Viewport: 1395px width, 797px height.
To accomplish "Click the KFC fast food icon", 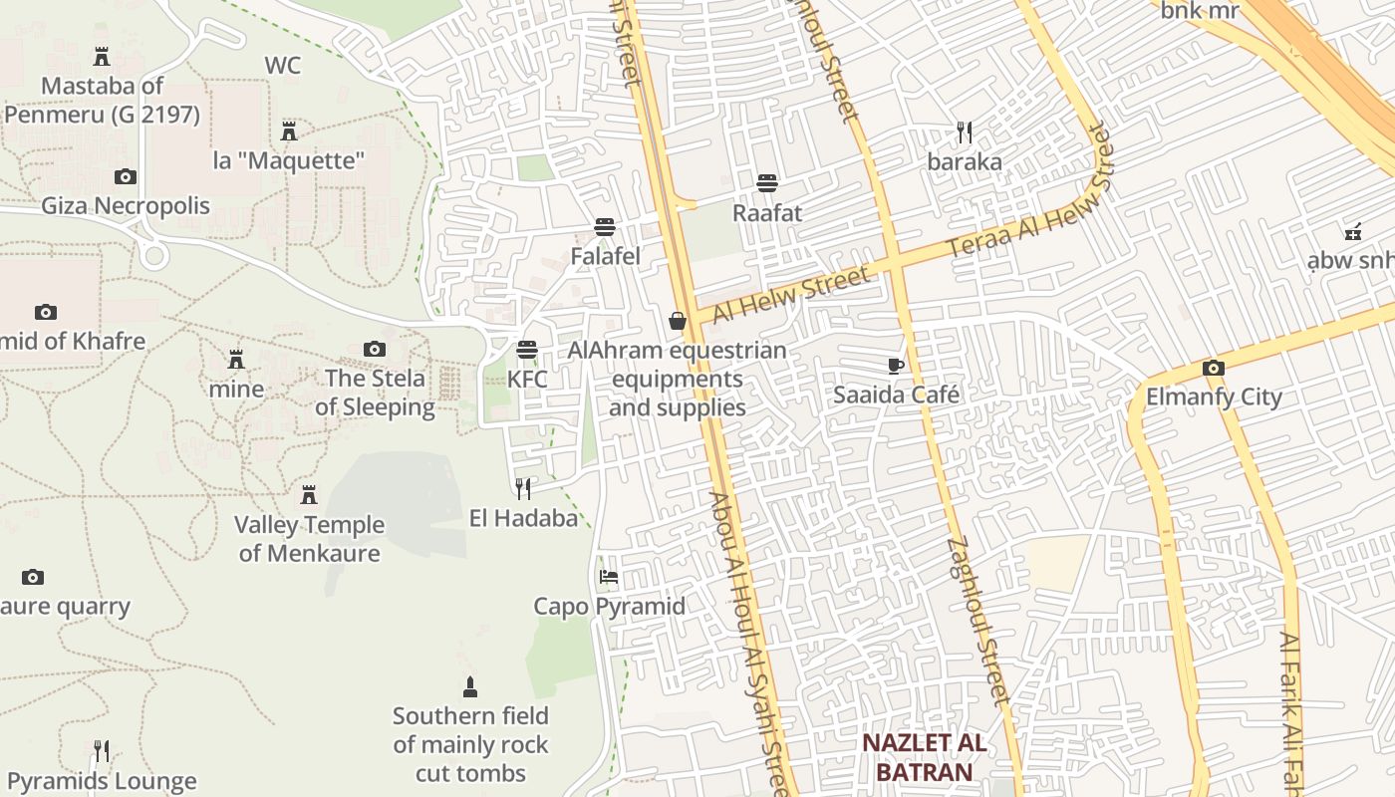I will pos(526,350).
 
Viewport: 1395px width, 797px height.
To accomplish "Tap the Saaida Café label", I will pos(896,395).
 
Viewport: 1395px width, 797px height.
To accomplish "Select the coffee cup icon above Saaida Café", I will pos(896,366).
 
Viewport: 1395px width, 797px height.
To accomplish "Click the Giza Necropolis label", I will pos(126,206).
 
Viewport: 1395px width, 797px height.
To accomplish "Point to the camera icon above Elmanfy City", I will pos(1213,368).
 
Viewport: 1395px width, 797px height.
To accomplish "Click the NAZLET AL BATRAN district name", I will pos(924,757).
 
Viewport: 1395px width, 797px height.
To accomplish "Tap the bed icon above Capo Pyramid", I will pos(608,577).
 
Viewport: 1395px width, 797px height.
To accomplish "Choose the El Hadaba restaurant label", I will pos(523,518).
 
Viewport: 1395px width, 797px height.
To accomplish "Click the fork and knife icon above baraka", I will pos(964,132).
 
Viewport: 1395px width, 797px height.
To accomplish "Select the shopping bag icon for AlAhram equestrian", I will pos(678,321).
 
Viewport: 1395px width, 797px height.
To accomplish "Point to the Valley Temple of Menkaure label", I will pos(309,539).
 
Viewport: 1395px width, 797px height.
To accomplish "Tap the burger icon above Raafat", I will pos(766,183).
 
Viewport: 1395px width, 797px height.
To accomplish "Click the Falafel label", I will pos(605,256).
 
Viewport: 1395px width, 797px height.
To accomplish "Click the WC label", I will pos(283,66).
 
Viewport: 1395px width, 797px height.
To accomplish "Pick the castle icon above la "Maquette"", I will pos(289,131).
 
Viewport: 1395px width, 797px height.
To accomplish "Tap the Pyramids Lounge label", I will pos(102,781).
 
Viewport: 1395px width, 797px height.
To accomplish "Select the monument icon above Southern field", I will pos(470,686).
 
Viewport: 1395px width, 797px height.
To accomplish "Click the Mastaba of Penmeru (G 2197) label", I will pos(102,101).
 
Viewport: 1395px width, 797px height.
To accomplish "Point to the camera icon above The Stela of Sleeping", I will pos(375,349).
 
